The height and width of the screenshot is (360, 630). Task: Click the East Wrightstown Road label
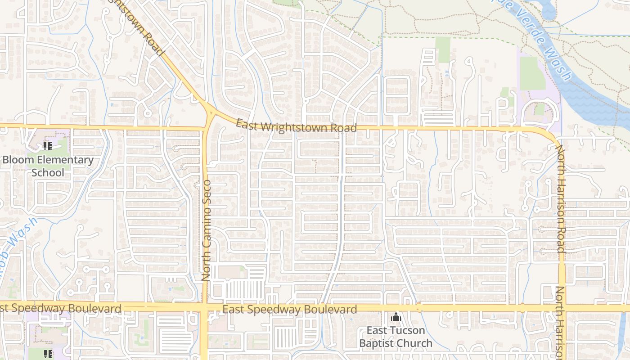296,126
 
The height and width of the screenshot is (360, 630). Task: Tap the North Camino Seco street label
207,231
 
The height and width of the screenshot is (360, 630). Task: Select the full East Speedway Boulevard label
290,310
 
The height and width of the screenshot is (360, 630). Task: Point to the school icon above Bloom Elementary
48,146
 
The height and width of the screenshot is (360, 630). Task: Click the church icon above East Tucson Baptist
396,317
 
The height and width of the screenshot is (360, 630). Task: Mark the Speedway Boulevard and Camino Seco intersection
204,308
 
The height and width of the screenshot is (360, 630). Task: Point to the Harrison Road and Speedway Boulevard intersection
562,308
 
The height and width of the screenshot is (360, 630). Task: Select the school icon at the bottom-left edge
48,354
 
